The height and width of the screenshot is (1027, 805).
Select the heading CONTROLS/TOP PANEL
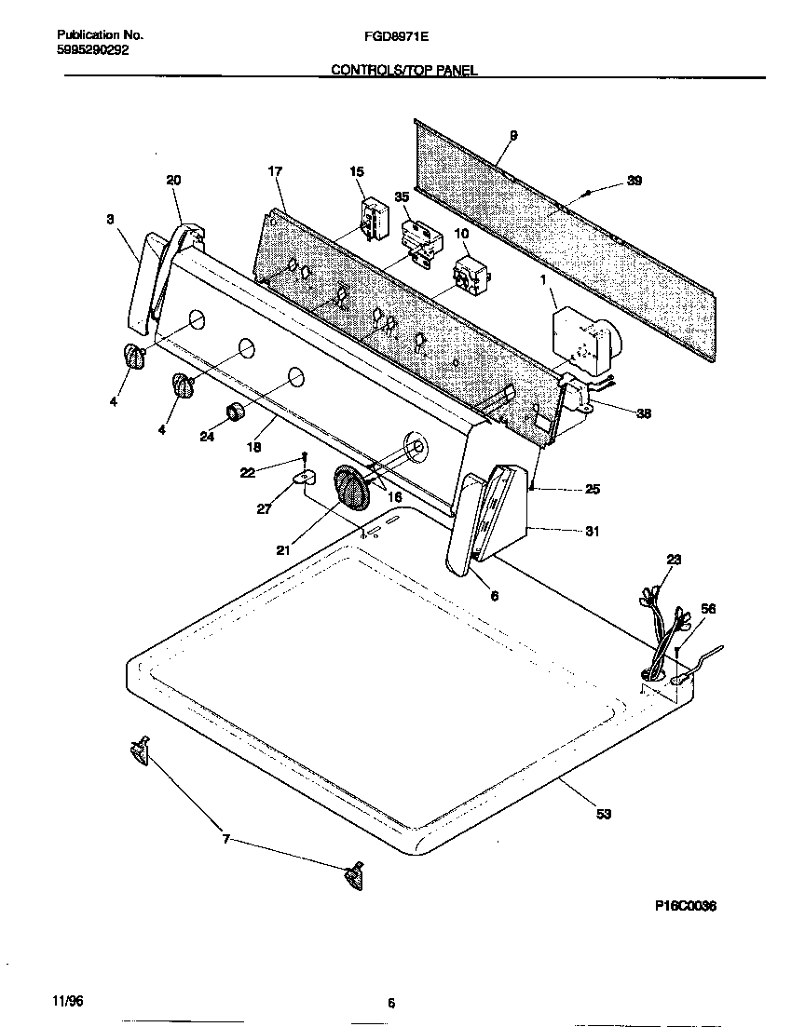404,70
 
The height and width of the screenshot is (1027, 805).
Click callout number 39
634,181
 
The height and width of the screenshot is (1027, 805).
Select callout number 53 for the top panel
604,815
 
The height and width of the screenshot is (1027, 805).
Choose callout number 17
274,171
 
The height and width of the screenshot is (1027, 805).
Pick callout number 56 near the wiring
708,608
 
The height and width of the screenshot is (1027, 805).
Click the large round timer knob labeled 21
351,489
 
